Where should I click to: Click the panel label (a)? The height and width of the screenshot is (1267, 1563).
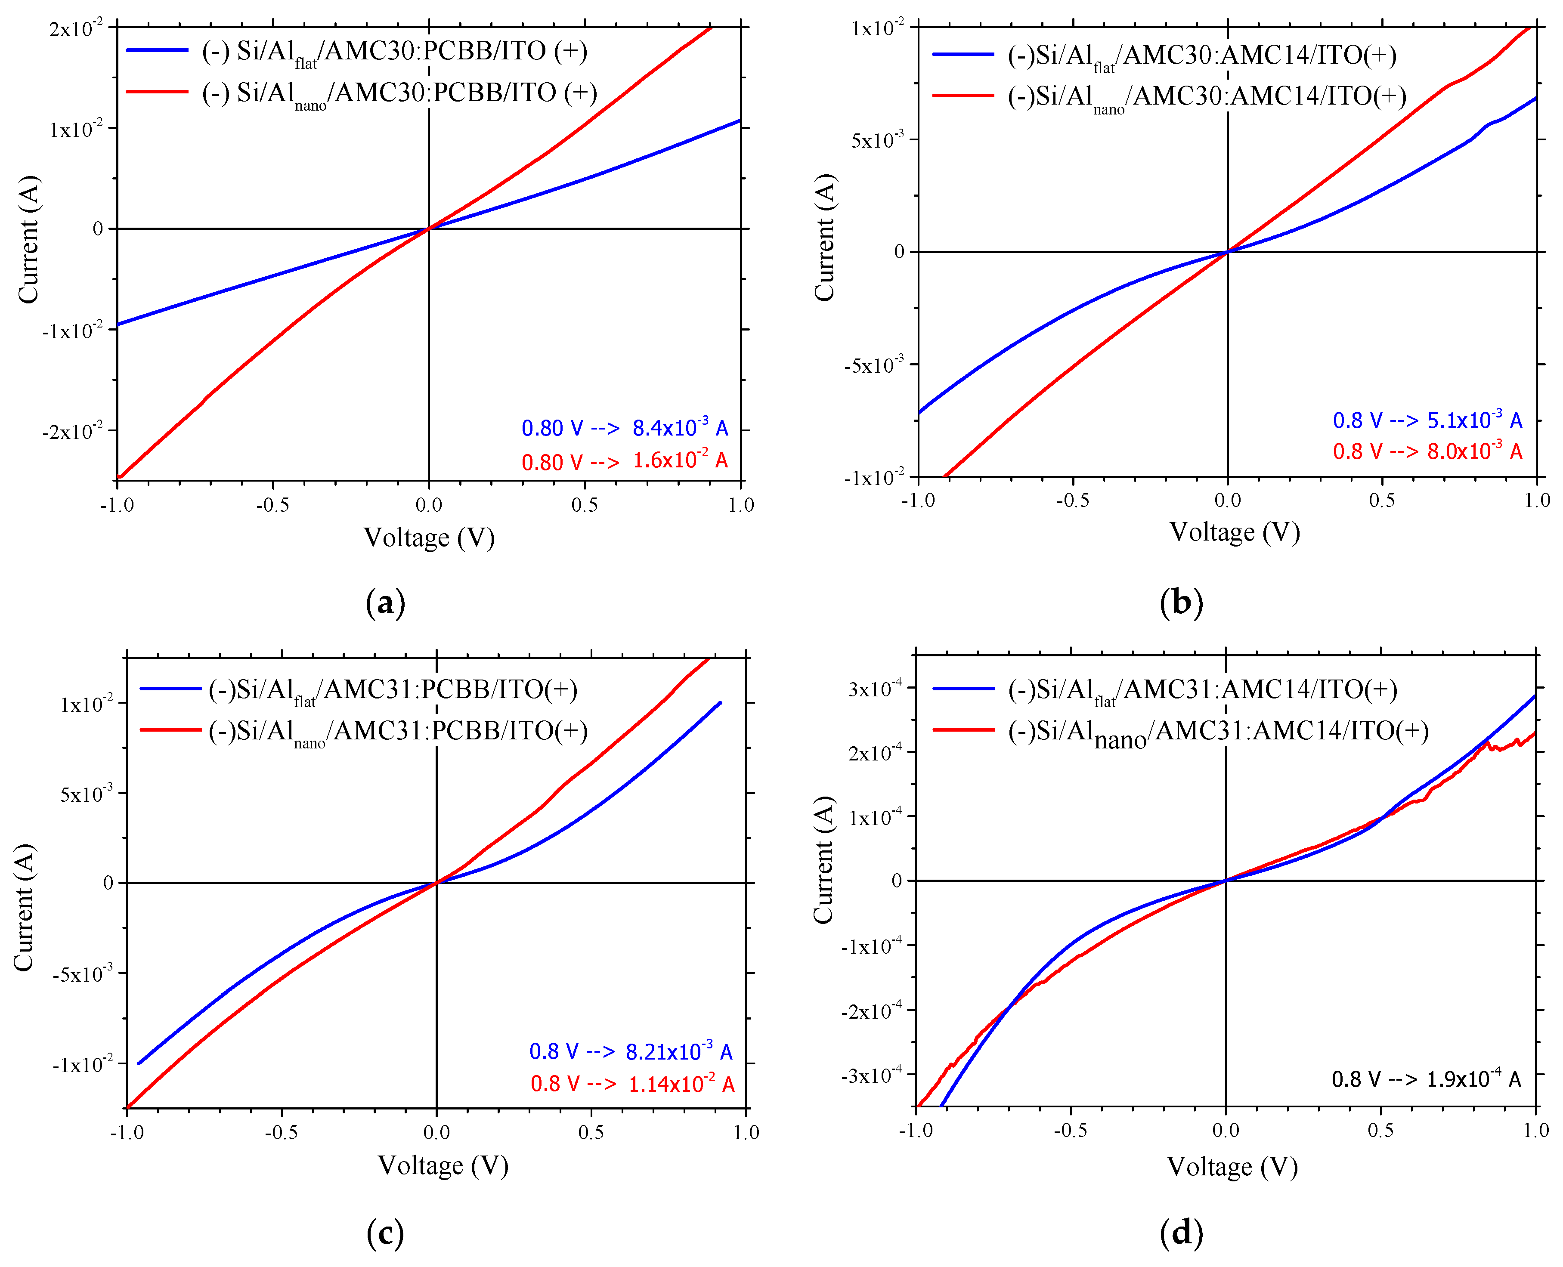[385, 603]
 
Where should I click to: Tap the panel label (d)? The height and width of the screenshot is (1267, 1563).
[1180, 1233]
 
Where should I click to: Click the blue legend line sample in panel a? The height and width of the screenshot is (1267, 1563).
[157, 50]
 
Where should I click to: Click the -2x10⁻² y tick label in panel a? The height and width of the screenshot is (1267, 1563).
[73, 431]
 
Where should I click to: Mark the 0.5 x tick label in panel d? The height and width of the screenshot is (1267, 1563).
[1380, 1131]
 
